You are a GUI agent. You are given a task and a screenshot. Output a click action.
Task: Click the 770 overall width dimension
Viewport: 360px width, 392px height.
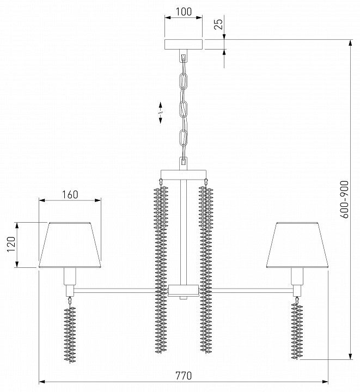pyautogui.click(x=184, y=375)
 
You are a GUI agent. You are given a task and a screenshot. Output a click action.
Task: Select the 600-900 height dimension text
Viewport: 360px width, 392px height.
pyautogui.click(x=344, y=200)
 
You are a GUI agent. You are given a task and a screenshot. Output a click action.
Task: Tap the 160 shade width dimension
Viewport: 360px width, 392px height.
pyautogui.click(x=70, y=194)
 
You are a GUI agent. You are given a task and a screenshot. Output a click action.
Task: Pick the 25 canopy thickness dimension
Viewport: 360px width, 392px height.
pyautogui.click(x=218, y=24)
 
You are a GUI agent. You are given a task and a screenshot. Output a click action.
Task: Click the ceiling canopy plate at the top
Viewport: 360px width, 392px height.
pyautogui.click(x=184, y=45)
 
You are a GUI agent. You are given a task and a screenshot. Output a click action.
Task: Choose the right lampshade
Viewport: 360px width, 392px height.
pyautogui.click(x=297, y=246)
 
